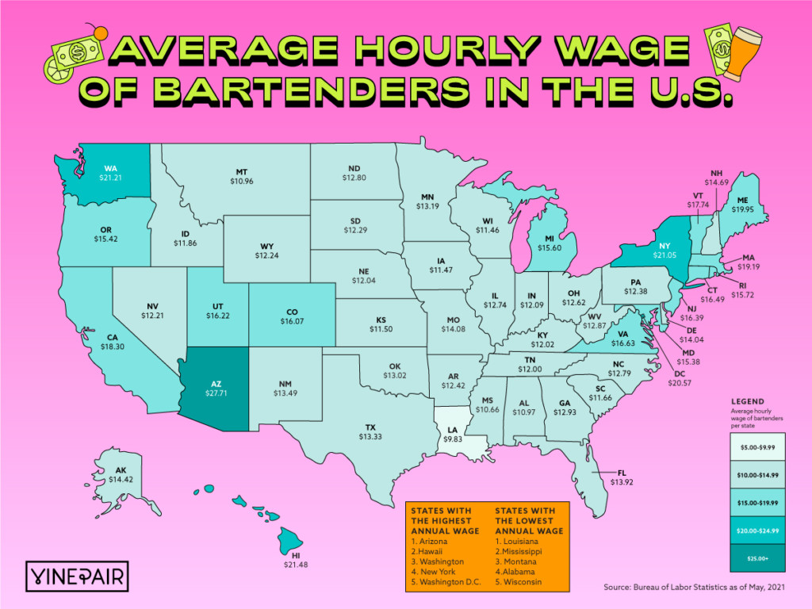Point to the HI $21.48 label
[x=295, y=560]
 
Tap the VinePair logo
[x=79, y=573]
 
